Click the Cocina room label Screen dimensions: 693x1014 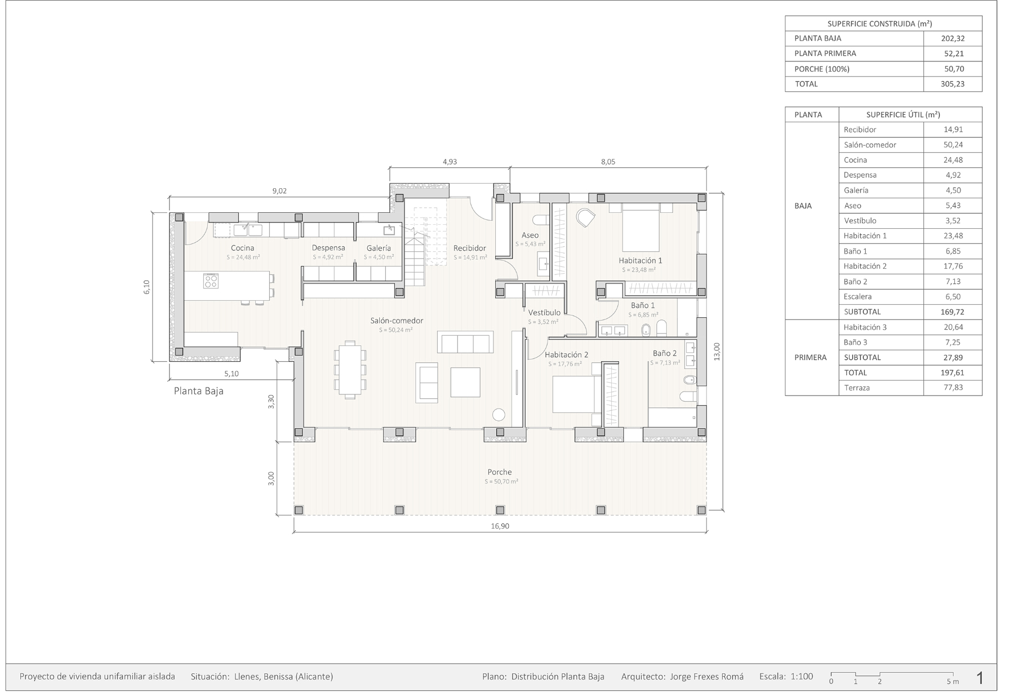pos(242,248)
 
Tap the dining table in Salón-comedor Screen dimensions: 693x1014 pos(350,370)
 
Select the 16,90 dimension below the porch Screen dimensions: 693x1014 pos(500,526)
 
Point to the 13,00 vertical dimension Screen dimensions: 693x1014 pos(717,351)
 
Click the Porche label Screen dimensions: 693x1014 pos(500,472)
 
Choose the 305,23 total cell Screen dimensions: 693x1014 pos(952,84)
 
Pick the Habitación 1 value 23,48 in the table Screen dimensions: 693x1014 pos(952,236)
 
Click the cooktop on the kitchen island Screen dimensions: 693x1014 pos(211,281)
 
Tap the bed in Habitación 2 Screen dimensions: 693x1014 pos(573,394)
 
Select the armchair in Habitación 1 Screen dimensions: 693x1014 pos(586,218)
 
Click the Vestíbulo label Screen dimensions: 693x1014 pos(544,313)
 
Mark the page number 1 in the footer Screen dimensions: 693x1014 pos(980,678)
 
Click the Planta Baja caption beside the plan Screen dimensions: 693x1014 pos(198,391)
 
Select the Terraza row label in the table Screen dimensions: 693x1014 pos(857,388)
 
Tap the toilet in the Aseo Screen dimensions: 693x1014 pos(542,219)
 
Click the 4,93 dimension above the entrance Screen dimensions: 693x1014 pos(450,162)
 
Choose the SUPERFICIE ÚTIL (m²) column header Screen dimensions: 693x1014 pos(903,114)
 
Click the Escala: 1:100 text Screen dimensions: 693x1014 pos(786,677)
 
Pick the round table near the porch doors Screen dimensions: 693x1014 pos(499,414)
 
